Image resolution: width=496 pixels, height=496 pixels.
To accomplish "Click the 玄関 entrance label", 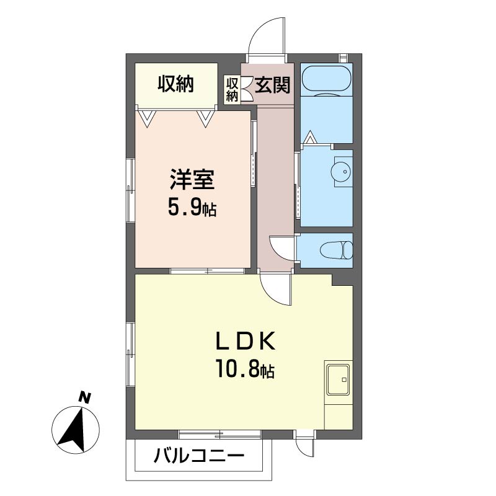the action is (x=272, y=85).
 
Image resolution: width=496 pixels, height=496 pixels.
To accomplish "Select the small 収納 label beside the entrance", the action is (x=232, y=89).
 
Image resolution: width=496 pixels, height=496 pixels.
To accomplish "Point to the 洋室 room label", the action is (x=192, y=180).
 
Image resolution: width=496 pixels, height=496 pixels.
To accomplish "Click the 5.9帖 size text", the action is (x=192, y=208).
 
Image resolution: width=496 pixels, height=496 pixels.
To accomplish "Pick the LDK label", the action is (x=245, y=342).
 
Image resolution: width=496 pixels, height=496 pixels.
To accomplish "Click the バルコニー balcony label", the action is (x=199, y=456).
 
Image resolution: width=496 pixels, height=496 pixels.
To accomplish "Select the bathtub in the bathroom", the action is (x=327, y=80).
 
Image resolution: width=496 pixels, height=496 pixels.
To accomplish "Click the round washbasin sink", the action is (x=340, y=172).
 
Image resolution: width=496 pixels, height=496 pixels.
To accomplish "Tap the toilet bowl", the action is (x=336, y=250).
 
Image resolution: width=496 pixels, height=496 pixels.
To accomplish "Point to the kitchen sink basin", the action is (x=339, y=379).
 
